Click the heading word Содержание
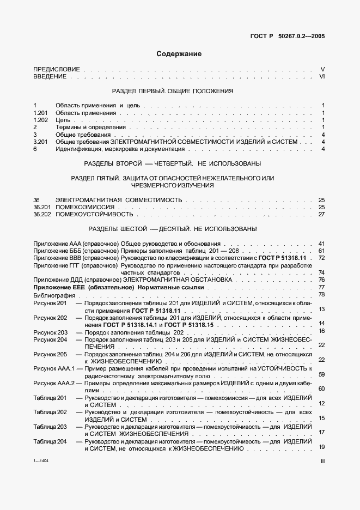coord(179,54)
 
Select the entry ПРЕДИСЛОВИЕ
coord(57,69)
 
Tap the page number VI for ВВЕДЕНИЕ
coord(322,77)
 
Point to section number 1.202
coord(41,120)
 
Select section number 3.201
coord(41,142)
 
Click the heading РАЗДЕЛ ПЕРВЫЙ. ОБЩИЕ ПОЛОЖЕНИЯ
coord(172,91)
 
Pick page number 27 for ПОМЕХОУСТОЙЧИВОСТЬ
coord(321,215)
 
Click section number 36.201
coord(42,208)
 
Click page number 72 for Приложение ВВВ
coord(321,258)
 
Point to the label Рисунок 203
coord(50,332)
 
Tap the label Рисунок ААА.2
coord(53,384)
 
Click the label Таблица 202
coord(50,412)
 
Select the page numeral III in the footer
coord(322,461)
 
